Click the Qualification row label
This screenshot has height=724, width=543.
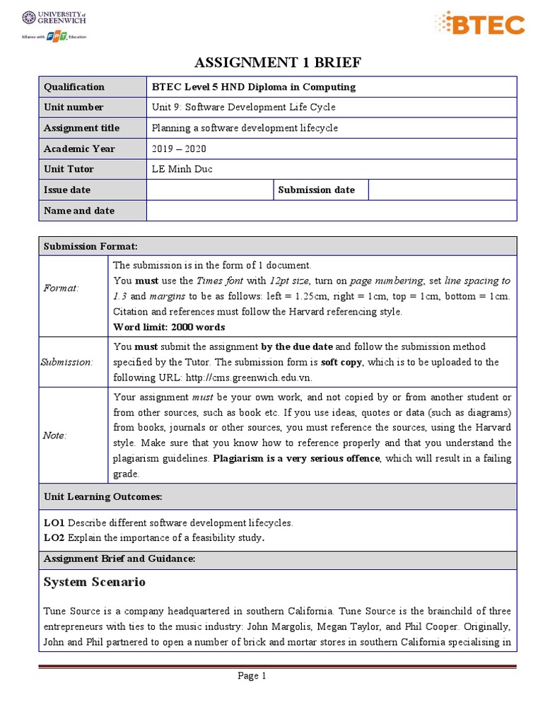coord(74,87)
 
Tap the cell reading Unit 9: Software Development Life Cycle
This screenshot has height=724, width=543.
coord(244,107)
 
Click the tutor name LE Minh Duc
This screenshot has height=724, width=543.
coord(182,169)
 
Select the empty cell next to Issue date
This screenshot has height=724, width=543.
coord(209,190)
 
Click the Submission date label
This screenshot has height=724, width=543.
coord(317,190)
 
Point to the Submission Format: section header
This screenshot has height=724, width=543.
coord(90,246)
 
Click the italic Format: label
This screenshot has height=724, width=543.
coord(62,288)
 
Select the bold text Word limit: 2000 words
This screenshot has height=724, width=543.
coord(169,327)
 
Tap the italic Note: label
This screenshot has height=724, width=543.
coord(55,436)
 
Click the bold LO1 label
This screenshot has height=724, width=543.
coord(54,523)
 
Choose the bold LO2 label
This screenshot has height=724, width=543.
coord(54,538)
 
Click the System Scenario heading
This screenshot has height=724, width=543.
coord(95,582)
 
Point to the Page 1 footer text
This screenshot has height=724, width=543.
coord(252,677)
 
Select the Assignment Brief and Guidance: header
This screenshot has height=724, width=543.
coord(119,559)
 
